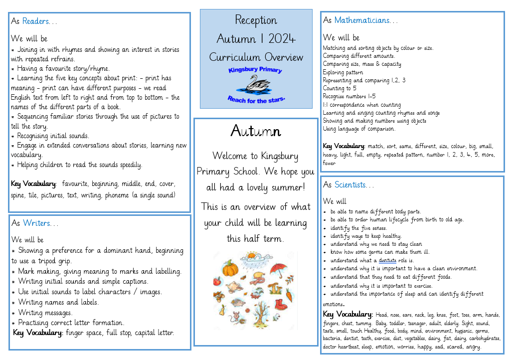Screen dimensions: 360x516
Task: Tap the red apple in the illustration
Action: tap(217, 282)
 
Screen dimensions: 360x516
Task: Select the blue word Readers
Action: tap(36, 21)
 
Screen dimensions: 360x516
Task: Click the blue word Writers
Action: tap(36, 223)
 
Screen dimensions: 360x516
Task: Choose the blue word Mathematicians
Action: tap(362, 20)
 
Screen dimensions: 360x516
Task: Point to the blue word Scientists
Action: tap(350, 184)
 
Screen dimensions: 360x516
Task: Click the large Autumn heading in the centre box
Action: tap(256, 131)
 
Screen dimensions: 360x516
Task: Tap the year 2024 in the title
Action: tap(282, 39)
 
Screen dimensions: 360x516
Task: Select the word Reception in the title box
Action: tap(256, 20)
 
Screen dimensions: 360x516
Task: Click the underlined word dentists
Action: tap(387, 260)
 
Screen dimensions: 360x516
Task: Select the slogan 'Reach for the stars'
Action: tap(256, 99)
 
